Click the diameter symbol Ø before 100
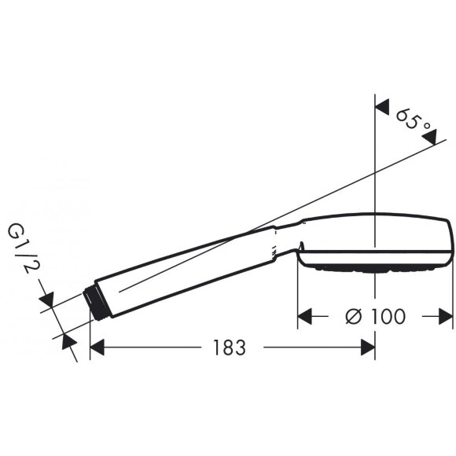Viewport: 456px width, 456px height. [x=352, y=316]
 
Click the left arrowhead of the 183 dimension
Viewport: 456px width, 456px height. [x=98, y=347]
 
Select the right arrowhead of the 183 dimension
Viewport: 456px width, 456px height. [x=367, y=347]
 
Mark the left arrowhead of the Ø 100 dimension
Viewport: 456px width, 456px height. [x=306, y=316]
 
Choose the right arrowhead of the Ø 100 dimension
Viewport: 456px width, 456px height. [x=446, y=316]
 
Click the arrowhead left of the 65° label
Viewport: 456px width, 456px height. [x=384, y=105]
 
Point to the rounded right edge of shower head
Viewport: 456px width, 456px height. [x=448, y=240]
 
